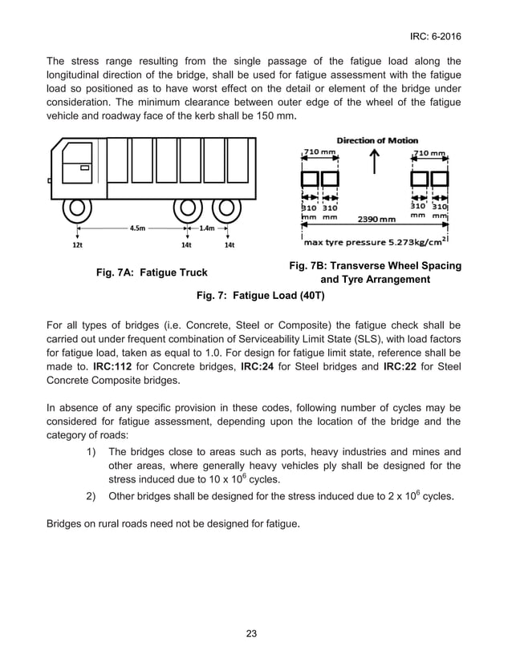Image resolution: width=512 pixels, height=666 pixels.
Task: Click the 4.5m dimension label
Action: [x=137, y=228]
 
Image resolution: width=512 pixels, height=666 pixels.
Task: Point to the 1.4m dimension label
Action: [x=207, y=228]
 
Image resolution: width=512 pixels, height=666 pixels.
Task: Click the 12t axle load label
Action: [x=77, y=245]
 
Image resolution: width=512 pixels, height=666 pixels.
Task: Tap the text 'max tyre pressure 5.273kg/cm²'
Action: [x=376, y=240]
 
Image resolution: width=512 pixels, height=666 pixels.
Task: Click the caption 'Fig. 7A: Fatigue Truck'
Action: [x=151, y=272]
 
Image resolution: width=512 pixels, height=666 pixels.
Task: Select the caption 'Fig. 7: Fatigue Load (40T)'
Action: [x=255, y=295]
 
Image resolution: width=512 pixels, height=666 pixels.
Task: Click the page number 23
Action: [x=251, y=634]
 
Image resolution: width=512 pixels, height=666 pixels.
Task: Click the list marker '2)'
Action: [x=92, y=494]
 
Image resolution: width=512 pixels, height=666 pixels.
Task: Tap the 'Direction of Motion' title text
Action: [x=377, y=140]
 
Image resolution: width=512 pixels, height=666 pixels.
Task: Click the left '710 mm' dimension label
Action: [x=320, y=152]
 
